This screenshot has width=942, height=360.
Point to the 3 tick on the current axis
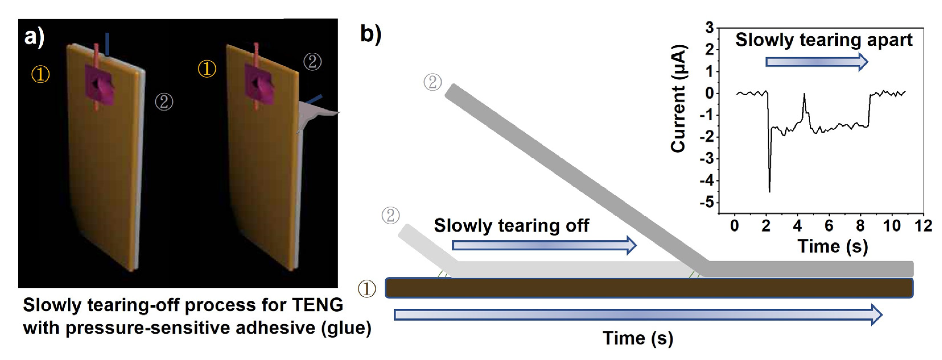(709, 28)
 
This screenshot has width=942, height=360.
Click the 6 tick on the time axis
(829, 226)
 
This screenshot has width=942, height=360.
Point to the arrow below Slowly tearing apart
(816, 62)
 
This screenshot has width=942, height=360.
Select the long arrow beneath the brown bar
(638, 314)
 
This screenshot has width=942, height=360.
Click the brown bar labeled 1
(649, 288)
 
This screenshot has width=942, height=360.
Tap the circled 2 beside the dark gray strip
(432, 82)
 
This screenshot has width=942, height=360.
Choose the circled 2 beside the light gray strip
(390, 215)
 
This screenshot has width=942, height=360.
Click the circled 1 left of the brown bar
(367, 289)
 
